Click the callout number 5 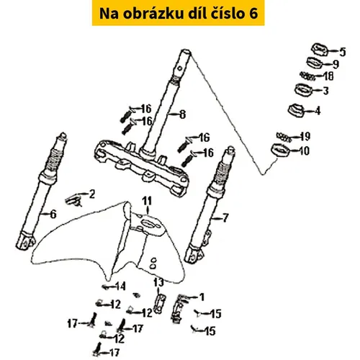[343, 52]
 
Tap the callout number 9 [336, 64]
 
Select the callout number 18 [328, 76]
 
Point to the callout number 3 [325, 91]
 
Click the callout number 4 [318, 111]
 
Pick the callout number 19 [305, 137]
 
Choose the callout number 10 [304, 151]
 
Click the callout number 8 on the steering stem [183, 114]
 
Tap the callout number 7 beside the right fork [225, 218]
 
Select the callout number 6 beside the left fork [53, 214]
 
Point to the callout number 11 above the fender [147, 201]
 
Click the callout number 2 [92, 194]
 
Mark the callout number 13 [158, 282]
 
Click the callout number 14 [120, 286]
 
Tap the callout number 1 [202, 297]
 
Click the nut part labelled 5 [320, 49]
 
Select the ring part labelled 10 [281, 150]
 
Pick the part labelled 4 [297, 110]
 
